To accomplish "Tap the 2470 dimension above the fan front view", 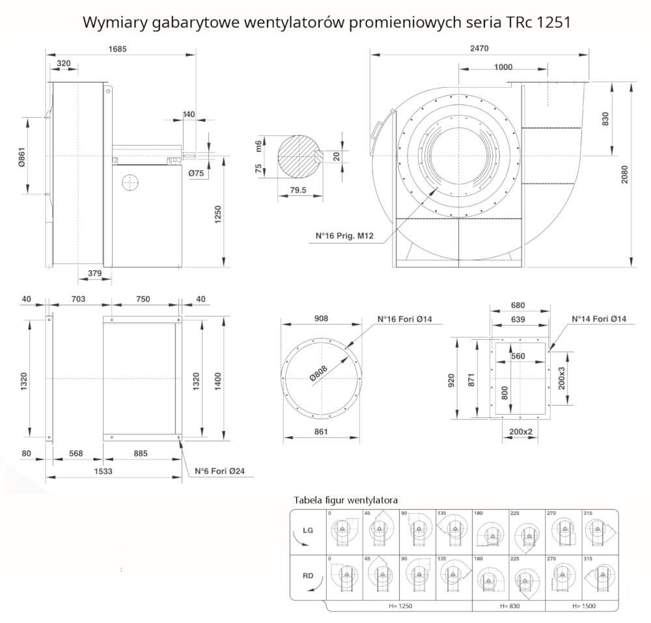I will [478, 48].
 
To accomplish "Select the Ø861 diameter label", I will [21, 156].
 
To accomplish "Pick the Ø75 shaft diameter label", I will [197, 173].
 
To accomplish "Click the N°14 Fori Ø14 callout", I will [598, 319].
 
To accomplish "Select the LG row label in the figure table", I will [309, 530].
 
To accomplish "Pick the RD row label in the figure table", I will [309, 575].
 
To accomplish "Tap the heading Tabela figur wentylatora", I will [346, 500].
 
